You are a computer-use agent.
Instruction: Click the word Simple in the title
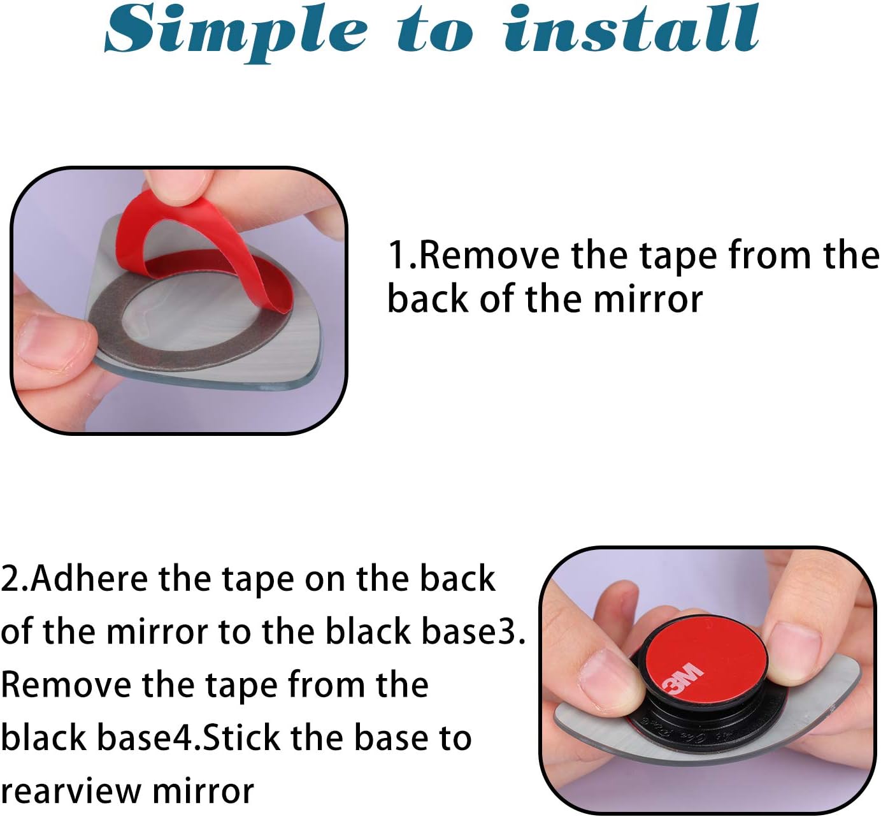pos(236,33)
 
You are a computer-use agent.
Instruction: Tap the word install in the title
pos(632,29)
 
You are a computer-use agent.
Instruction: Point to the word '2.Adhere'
pos(75,579)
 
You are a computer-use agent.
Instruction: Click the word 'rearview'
pos(69,792)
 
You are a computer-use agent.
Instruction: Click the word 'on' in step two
pos(325,581)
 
